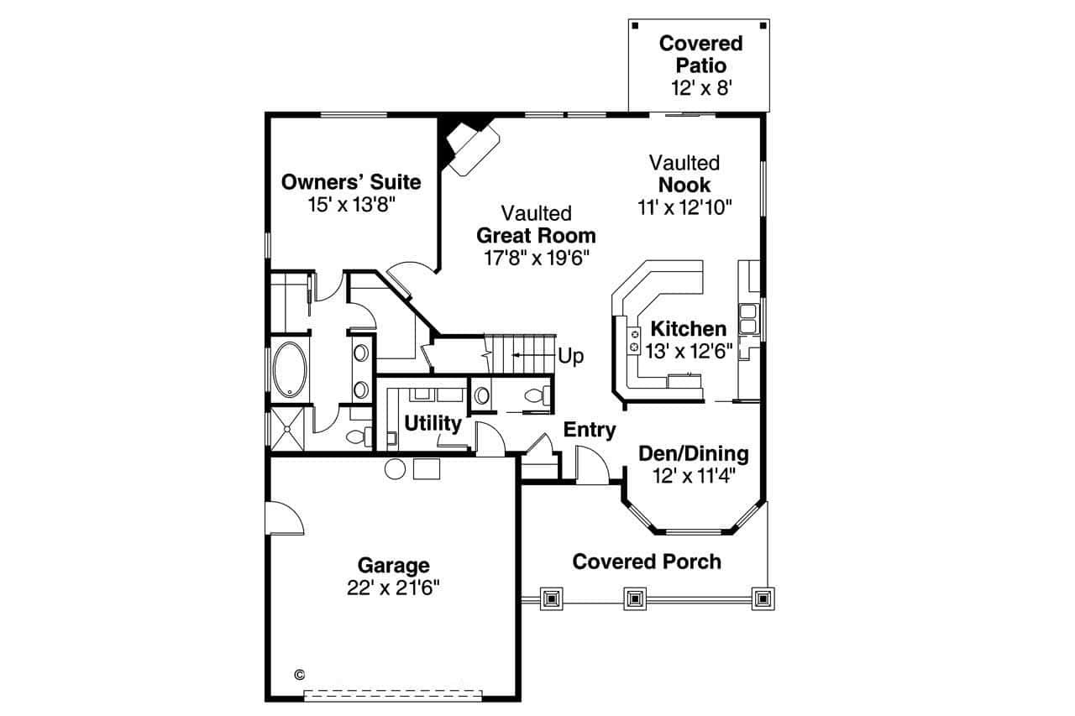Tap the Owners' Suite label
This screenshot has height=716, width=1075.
pos(351,182)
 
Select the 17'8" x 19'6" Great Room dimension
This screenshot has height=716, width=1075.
pos(537,258)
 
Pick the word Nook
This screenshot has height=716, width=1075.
pos(684,185)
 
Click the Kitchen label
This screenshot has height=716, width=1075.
pos(689,328)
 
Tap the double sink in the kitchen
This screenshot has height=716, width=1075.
pos(747,319)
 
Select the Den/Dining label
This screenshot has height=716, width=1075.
pos(694,454)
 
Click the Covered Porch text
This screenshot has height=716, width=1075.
pos(647,562)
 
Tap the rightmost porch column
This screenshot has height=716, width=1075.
pos(762,598)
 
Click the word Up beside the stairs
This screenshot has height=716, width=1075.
pos(571,356)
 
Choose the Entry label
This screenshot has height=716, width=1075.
pos(590,430)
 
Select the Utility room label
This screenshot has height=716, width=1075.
pos(433,423)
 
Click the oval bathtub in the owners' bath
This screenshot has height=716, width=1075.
pos(291,369)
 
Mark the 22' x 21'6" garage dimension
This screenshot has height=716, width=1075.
pos(393,588)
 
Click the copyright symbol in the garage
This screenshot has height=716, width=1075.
pos(300,674)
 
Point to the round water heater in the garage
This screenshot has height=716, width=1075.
pos(395,468)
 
